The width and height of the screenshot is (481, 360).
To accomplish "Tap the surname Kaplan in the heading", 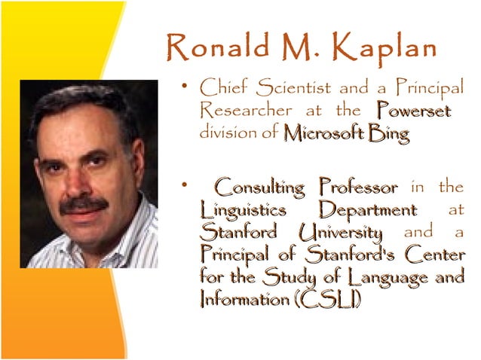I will pos(387,49).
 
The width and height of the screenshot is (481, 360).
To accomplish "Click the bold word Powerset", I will pos(415,111).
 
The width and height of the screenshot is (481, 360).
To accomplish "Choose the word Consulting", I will pos(259,186).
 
